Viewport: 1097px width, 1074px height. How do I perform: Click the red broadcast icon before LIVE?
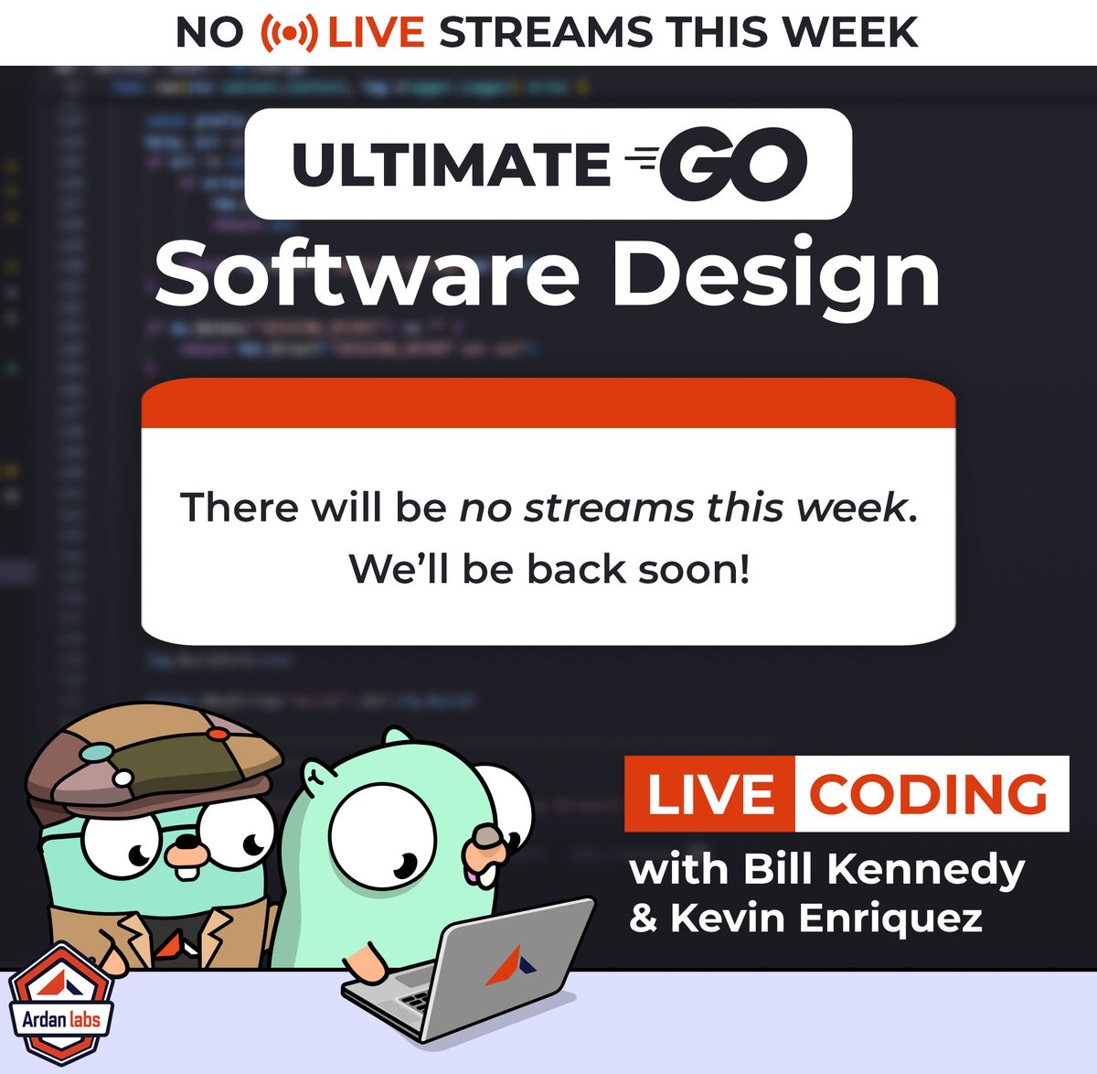(289, 33)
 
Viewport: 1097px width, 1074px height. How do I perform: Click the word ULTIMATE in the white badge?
(450, 165)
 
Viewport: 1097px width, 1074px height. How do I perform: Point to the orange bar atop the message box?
(548, 404)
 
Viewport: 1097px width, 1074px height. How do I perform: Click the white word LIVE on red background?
(709, 794)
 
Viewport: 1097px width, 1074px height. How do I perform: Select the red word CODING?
(929, 794)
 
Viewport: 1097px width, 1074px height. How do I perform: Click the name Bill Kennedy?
(883, 869)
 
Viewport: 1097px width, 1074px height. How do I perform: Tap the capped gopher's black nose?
(186, 843)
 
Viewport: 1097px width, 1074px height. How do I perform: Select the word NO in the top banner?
(209, 33)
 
